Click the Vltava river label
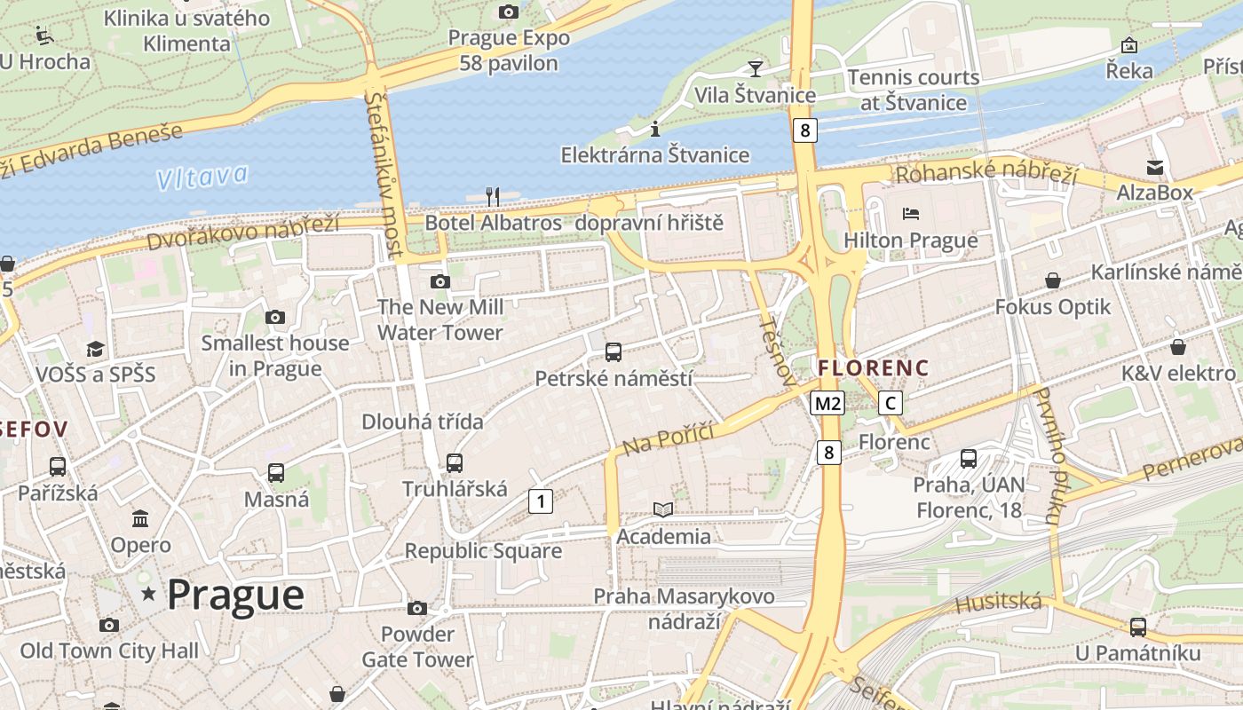point(202,177)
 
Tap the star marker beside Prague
point(148,594)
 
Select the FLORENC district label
point(873,367)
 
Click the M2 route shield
point(827,404)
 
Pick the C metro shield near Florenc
point(890,404)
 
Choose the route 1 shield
point(540,501)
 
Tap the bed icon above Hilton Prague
point(910,214)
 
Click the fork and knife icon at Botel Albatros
point(493,196)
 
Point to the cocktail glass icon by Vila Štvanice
point(755,68)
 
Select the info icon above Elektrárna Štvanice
point(655,129)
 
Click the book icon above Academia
point(663,509)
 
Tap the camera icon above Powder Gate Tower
point(417,608)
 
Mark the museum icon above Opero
point(140,518)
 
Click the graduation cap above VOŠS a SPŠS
point(95,349)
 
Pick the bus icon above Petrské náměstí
point(613,352)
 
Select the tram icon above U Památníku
point(1137,627)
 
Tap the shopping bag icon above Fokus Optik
point(1052,280)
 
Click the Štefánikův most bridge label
point(387,174)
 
